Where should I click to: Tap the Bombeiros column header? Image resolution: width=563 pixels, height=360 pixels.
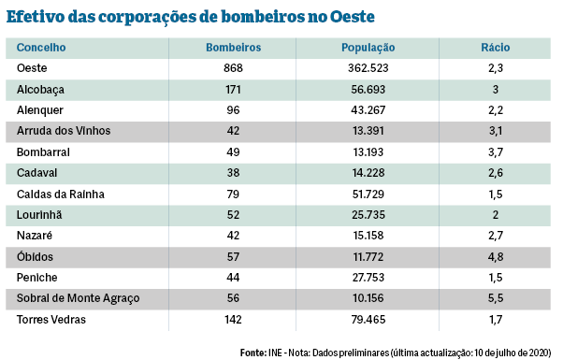233,48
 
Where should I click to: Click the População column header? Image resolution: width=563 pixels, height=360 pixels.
368,48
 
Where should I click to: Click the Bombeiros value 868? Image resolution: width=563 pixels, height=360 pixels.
233,68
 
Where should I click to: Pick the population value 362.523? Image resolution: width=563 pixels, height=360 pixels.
368,68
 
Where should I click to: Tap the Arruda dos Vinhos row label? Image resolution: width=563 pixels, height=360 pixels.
64,131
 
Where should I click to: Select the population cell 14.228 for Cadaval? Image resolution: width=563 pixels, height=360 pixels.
368,173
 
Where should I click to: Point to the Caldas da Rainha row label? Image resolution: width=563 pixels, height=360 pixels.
60,194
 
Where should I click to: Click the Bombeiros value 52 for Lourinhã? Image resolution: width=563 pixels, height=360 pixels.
233,215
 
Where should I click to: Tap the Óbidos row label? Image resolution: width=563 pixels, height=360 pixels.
36,256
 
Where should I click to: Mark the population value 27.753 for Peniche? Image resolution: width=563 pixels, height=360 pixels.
368,278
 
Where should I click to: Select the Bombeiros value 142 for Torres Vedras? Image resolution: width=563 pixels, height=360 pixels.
233,319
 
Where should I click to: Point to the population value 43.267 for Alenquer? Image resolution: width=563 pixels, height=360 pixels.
368,110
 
